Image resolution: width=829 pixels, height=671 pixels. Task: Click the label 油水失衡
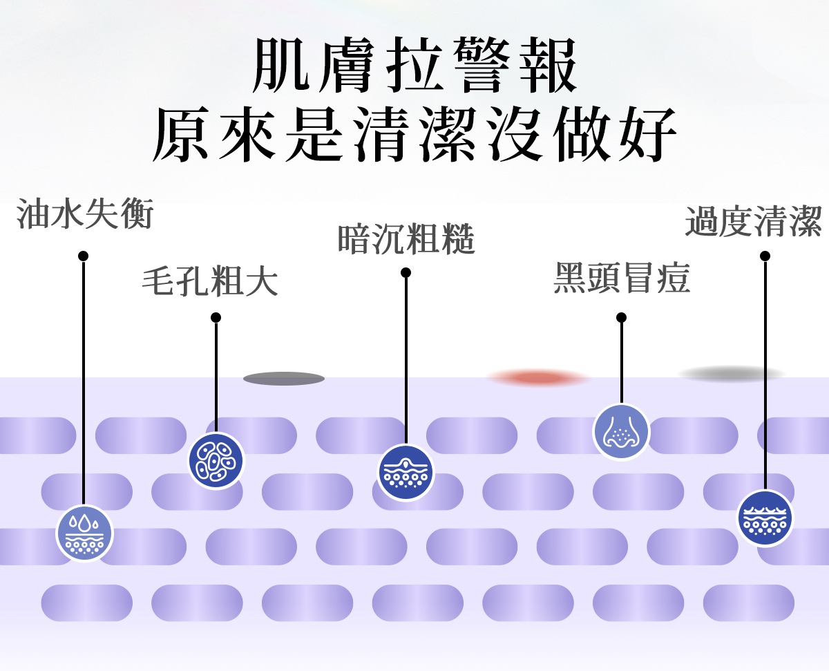[x=84, y=214]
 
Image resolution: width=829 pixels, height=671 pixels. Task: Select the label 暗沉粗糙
[x=406, y=239]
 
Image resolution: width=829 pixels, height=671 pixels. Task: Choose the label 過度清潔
[x=754, y=221]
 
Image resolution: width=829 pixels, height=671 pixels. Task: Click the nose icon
[x=621, y=432]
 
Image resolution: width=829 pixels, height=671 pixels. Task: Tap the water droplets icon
[x=84, y=533]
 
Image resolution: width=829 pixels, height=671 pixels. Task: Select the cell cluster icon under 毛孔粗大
[x=216, y=460]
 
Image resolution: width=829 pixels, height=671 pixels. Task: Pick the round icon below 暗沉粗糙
[x=406, y=473]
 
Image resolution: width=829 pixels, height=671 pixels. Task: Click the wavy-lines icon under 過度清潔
[x=765, y=518]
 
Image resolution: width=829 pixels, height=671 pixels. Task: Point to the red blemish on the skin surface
[x=539, y=377]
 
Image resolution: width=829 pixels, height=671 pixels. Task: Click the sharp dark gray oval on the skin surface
[x=284, y=378]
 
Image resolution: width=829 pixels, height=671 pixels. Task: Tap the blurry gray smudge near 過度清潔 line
[x=732, y=374]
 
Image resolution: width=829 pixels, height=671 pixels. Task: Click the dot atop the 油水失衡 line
[x=84, y=256]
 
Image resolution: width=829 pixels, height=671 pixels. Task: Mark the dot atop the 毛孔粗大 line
[x=216, y=317]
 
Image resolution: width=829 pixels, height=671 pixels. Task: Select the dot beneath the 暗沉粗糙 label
[x=406, y=272]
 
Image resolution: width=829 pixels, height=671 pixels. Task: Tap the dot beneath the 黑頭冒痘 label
[x=621, y=317]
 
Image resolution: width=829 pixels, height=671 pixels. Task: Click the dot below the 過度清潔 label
[x=765, y=256]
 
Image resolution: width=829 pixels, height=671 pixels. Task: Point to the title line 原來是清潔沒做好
[x=414, y=134]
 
